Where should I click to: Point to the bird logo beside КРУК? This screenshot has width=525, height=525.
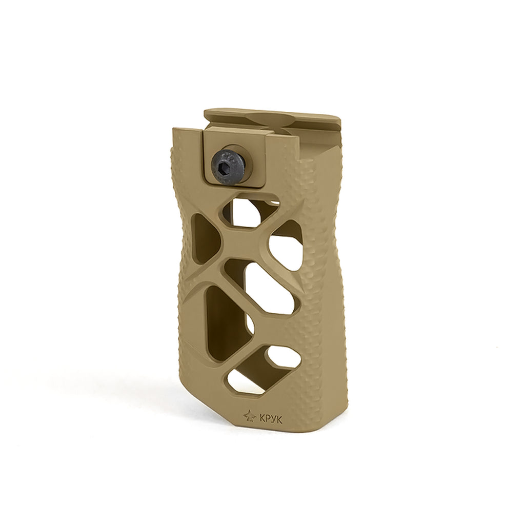tap(250, 416)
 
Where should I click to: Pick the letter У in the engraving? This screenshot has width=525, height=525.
tap(274, 419)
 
